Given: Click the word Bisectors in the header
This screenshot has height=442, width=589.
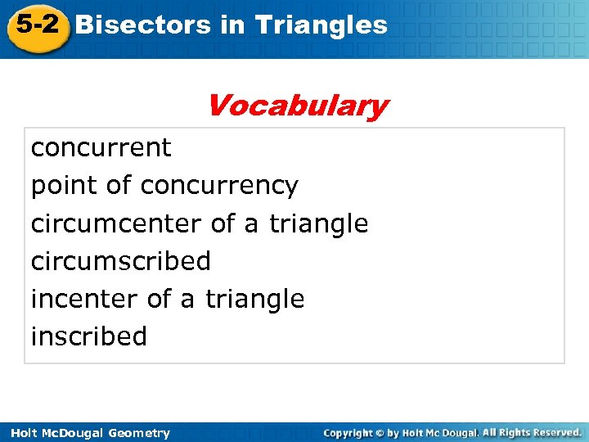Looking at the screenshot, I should coord(143,25).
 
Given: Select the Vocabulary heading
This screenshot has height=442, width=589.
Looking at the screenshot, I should coord(297,106).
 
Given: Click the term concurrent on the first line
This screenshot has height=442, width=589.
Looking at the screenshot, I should coord(101,148).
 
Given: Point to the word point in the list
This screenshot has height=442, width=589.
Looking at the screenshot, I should coord(65,187).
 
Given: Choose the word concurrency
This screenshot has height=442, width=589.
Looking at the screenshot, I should coord(219,187).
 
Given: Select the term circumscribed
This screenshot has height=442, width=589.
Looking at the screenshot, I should coord(120,261).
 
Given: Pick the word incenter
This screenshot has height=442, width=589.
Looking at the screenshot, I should coord(85,299).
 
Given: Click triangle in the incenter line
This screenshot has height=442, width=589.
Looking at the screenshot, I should coord(254,299).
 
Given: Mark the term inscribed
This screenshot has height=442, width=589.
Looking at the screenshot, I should coord(88,336).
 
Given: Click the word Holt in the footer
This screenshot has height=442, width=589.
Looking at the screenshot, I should coord(22,433).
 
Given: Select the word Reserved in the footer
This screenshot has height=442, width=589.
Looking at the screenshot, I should coord(555,431).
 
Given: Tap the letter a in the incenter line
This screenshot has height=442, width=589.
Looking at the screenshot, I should coord(187,300).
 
